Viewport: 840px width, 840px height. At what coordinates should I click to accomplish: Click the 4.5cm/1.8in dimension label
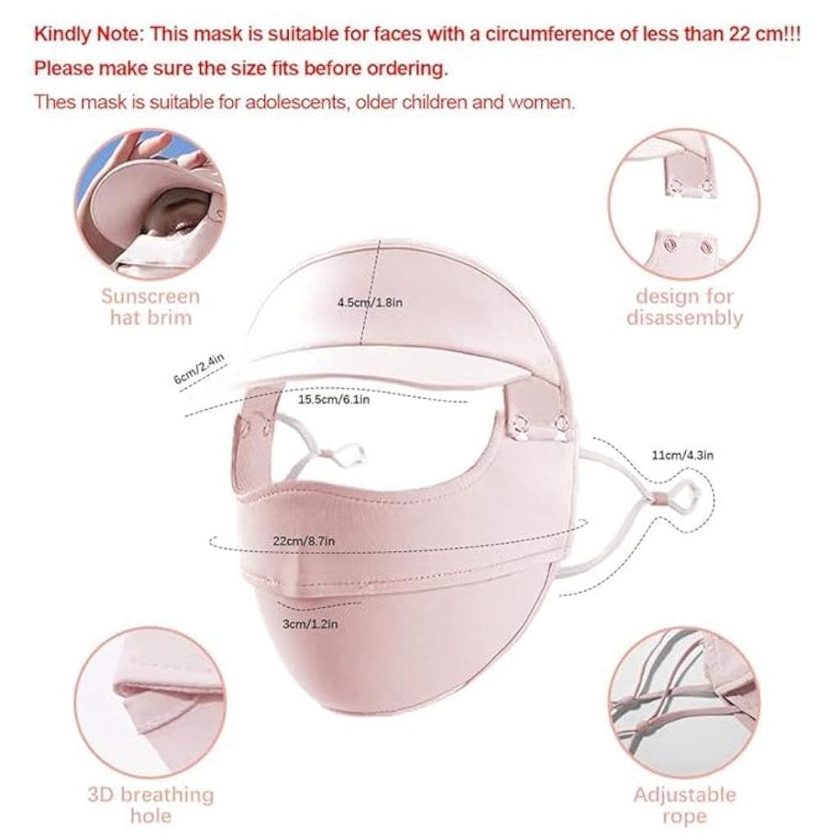(370, 302)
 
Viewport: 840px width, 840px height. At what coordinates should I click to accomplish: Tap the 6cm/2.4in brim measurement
(199, 368)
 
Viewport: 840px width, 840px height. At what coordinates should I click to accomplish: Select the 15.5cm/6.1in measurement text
(333, 399)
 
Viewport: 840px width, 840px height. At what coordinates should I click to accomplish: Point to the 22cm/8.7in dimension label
(304, 541)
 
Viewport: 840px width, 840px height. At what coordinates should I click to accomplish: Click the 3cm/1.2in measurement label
(310, 624)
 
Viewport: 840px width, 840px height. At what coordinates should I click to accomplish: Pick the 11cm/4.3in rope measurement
(682, 455)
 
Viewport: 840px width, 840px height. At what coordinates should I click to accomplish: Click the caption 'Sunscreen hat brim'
(151, 307)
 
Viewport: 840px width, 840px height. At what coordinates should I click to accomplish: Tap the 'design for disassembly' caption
(685, 307)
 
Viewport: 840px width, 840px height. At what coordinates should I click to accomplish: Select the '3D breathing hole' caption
(151, 805)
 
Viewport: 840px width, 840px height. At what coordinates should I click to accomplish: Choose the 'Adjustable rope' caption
(685, 805)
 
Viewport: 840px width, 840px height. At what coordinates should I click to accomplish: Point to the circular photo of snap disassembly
(685, 204)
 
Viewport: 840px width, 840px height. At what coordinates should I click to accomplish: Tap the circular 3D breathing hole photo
(151, 703)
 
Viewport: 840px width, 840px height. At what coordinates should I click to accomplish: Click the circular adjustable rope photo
(685, 703)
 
